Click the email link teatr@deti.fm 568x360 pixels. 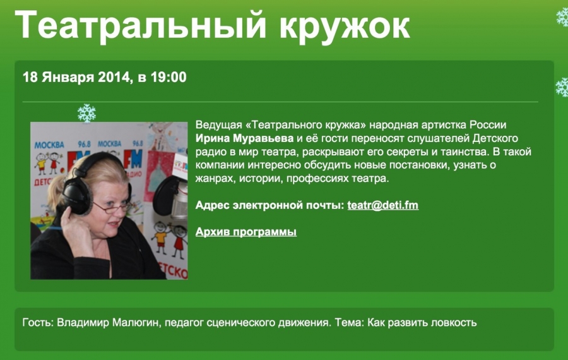(x=383, y=205)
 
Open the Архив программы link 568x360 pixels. (x=246, y=232)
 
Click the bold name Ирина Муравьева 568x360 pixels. (x=244, y=138)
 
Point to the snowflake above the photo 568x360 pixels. (x=87, y=113)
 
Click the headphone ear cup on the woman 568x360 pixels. (x=77, y=196)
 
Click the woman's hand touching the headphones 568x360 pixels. (x=77, y=232)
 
